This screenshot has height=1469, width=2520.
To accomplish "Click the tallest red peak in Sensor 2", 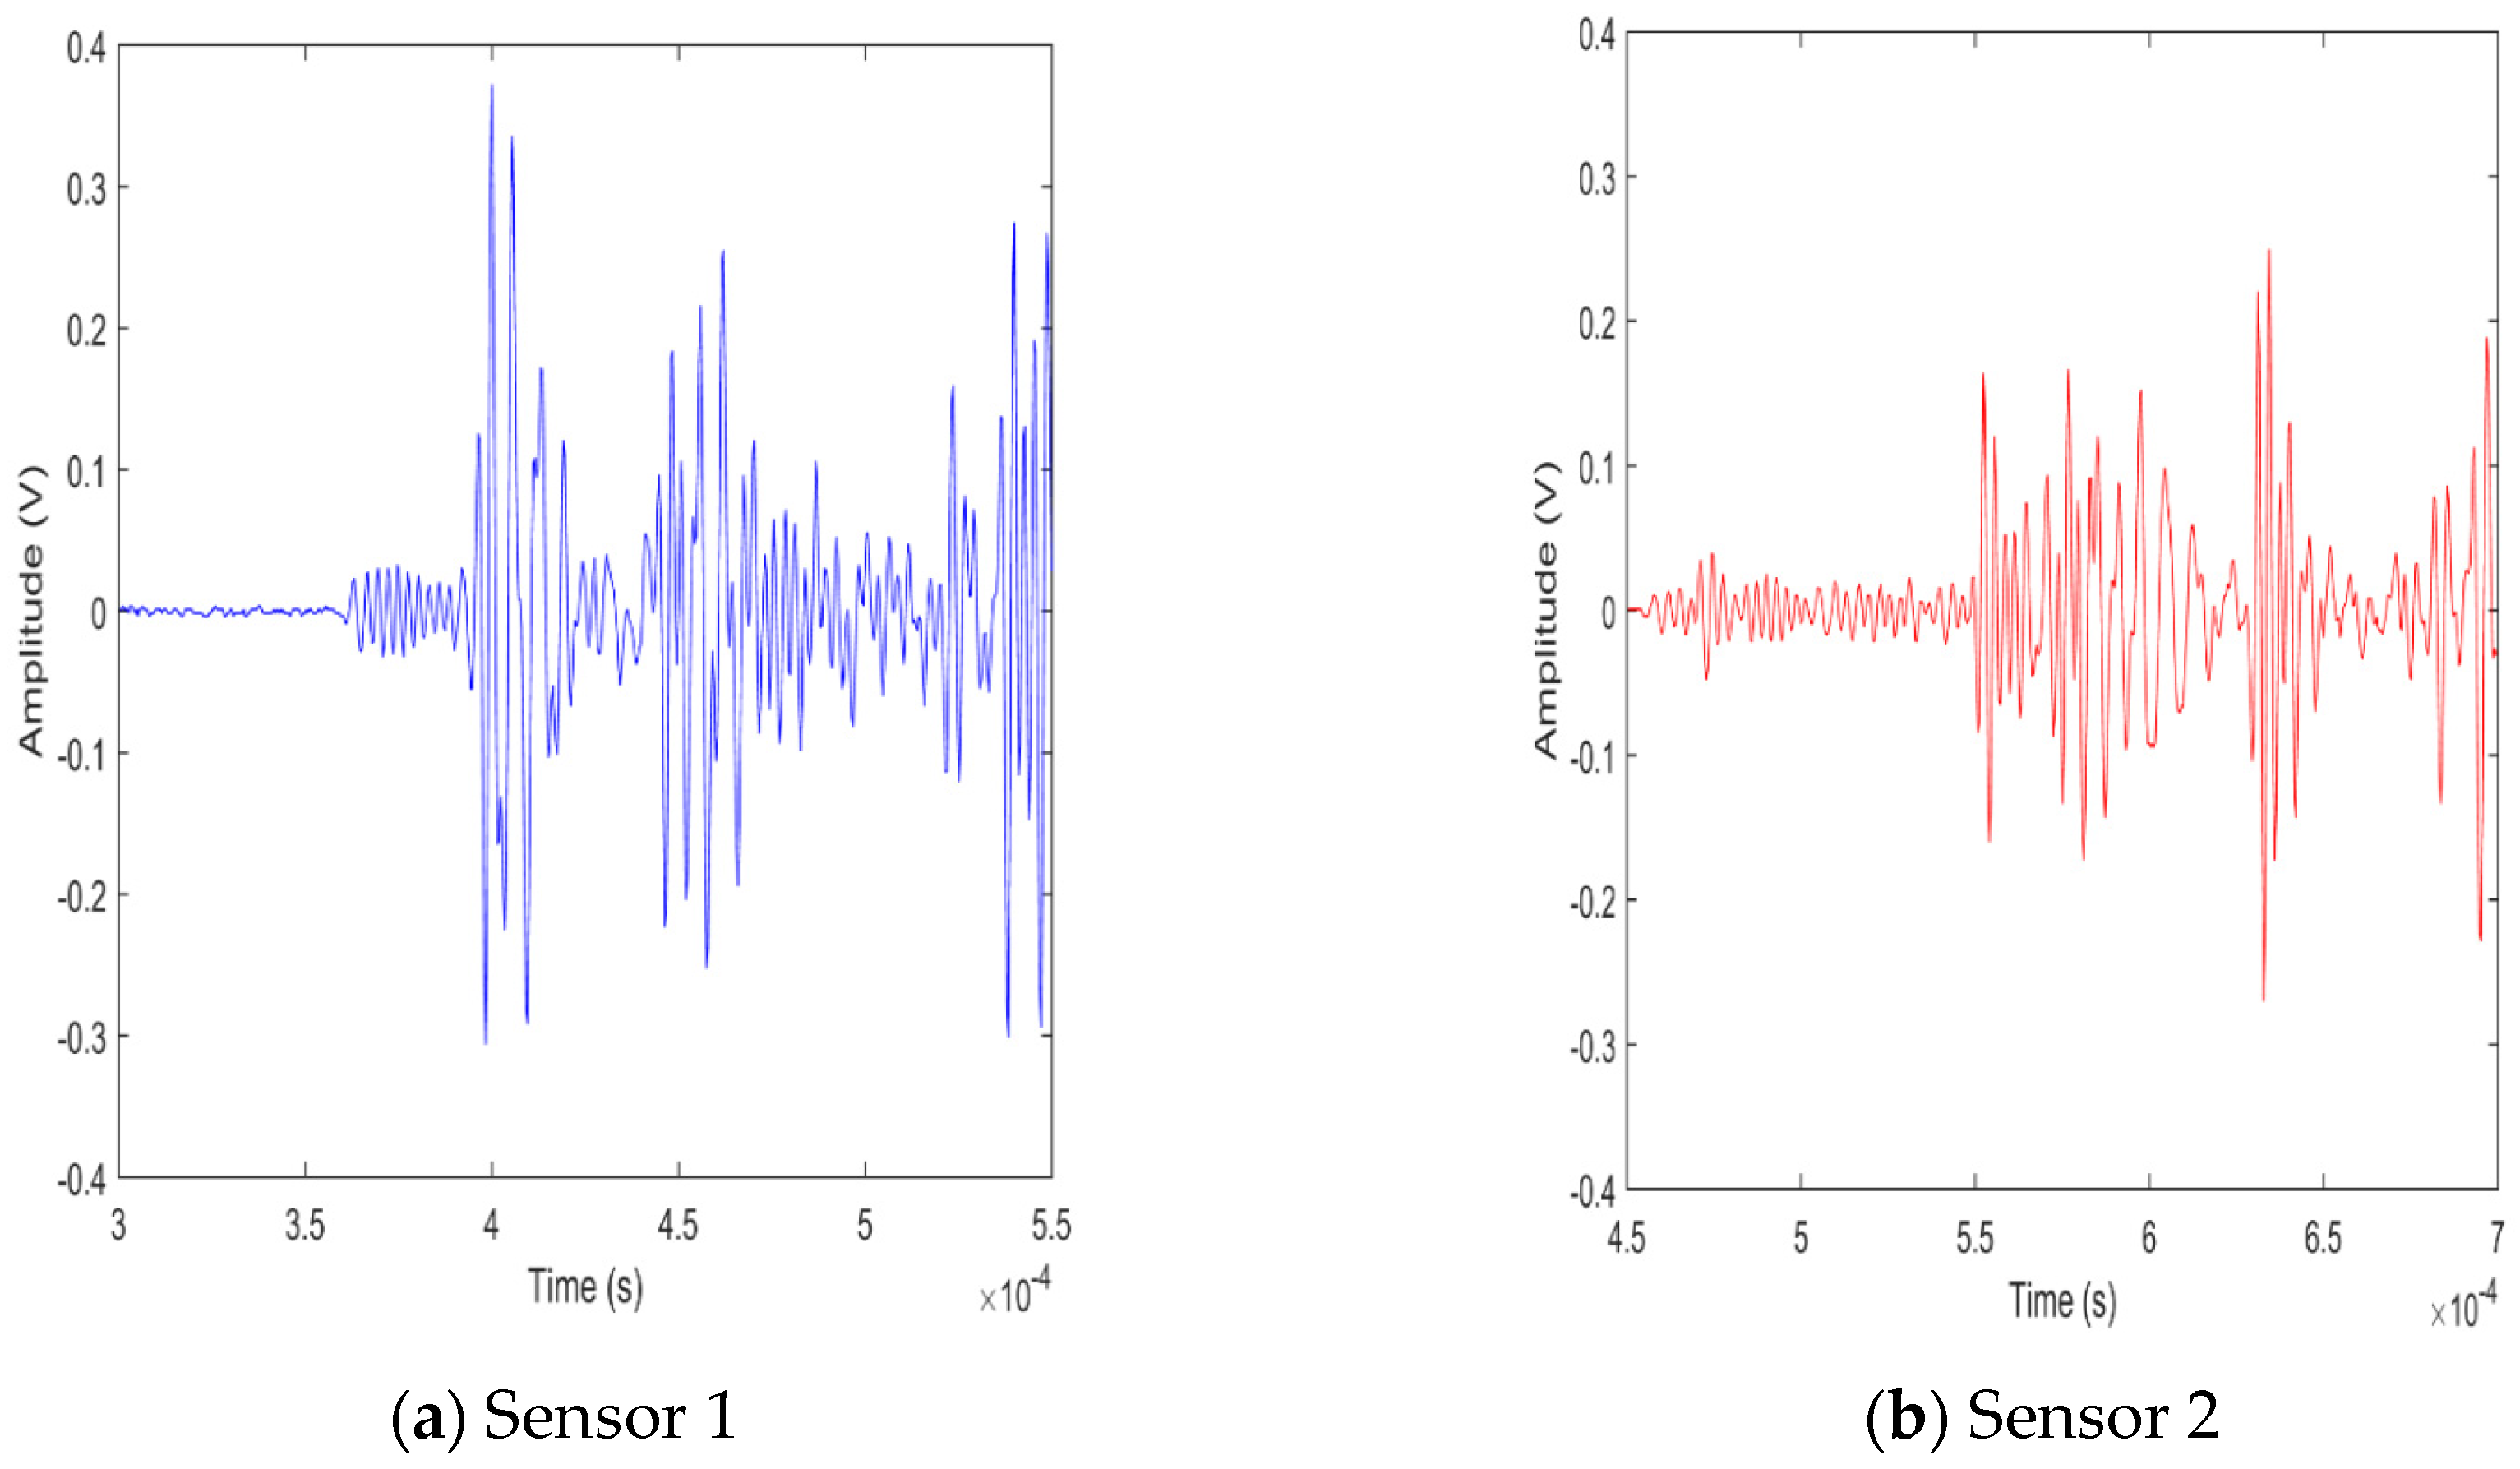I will coord(2268,252).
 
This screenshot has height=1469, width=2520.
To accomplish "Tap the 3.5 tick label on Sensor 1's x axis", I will coord(305,1225).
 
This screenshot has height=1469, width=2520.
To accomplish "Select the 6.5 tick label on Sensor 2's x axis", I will coord(2322,1238).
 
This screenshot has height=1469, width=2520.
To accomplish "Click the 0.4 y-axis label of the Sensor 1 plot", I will coord(86,47).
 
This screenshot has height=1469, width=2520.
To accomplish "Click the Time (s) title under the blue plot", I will coord(585,1287).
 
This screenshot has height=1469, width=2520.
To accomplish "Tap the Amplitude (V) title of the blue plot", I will coord(32,610).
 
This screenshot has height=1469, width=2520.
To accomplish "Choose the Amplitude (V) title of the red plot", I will coord(1546,610).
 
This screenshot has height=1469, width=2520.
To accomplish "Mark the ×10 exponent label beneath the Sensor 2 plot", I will coord(2462,1307).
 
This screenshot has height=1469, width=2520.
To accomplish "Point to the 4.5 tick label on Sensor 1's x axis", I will coord(678,1225).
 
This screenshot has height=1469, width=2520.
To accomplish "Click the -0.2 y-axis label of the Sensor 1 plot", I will coord(81,898).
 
